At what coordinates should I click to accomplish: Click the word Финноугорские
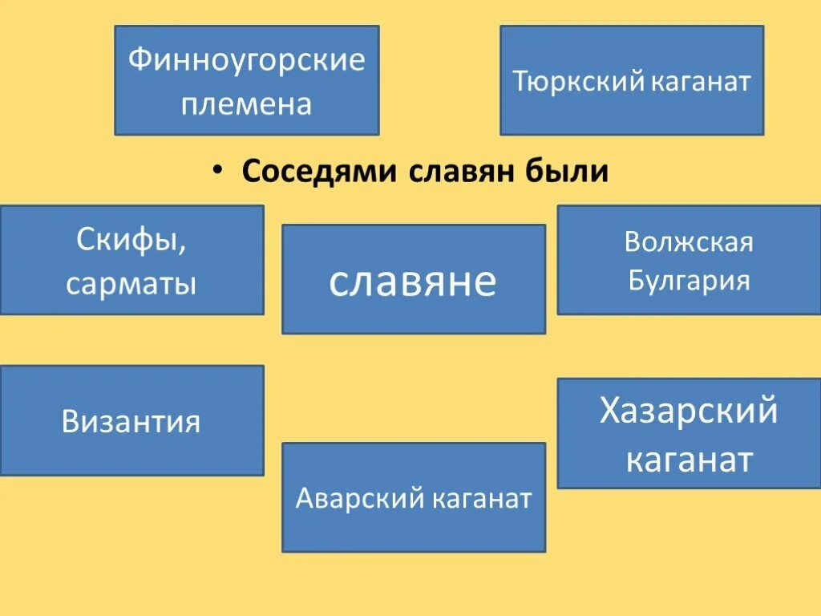click(x=246, y=60)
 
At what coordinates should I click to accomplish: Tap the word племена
click(x=246, y=103)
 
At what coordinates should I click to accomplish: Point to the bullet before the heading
click(x=217, y=172)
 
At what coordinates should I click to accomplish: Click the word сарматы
click(x=131, y=282)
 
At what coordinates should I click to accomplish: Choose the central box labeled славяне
click(x=413, y=279)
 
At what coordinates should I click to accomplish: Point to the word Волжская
click(x=689, y=241)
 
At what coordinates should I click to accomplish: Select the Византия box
click(x=131, y=421)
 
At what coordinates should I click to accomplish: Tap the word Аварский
click(x=359, y=498)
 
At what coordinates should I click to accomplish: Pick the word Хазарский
click(x=689, y=411)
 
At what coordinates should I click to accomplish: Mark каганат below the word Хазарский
click(x=689, y=460)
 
